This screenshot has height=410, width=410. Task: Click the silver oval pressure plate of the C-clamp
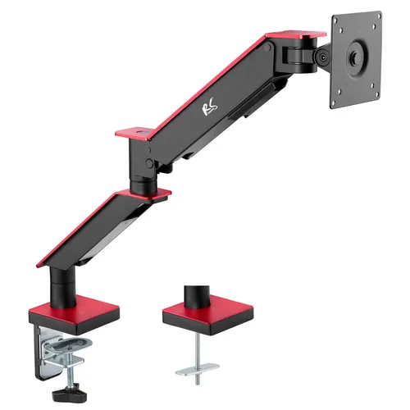pos(62,348)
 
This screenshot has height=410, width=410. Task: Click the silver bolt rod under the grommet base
pos(197,348)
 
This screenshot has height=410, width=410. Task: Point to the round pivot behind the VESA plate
pos(323,57)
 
